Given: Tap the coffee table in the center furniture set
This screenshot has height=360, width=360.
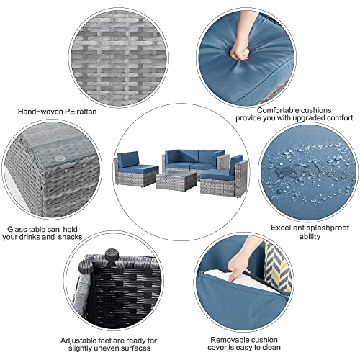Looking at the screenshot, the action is [176, 181].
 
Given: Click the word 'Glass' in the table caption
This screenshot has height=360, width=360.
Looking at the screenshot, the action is [17, 229].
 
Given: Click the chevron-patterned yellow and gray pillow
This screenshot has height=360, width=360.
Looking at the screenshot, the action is [278, 268].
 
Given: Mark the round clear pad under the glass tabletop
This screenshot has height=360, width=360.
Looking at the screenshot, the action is [59, 158].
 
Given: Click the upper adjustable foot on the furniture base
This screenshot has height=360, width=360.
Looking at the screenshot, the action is [111, 255].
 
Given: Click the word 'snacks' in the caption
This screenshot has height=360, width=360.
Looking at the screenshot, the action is [70, 237].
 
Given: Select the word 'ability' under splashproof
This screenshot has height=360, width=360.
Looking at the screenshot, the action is [310, 237].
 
